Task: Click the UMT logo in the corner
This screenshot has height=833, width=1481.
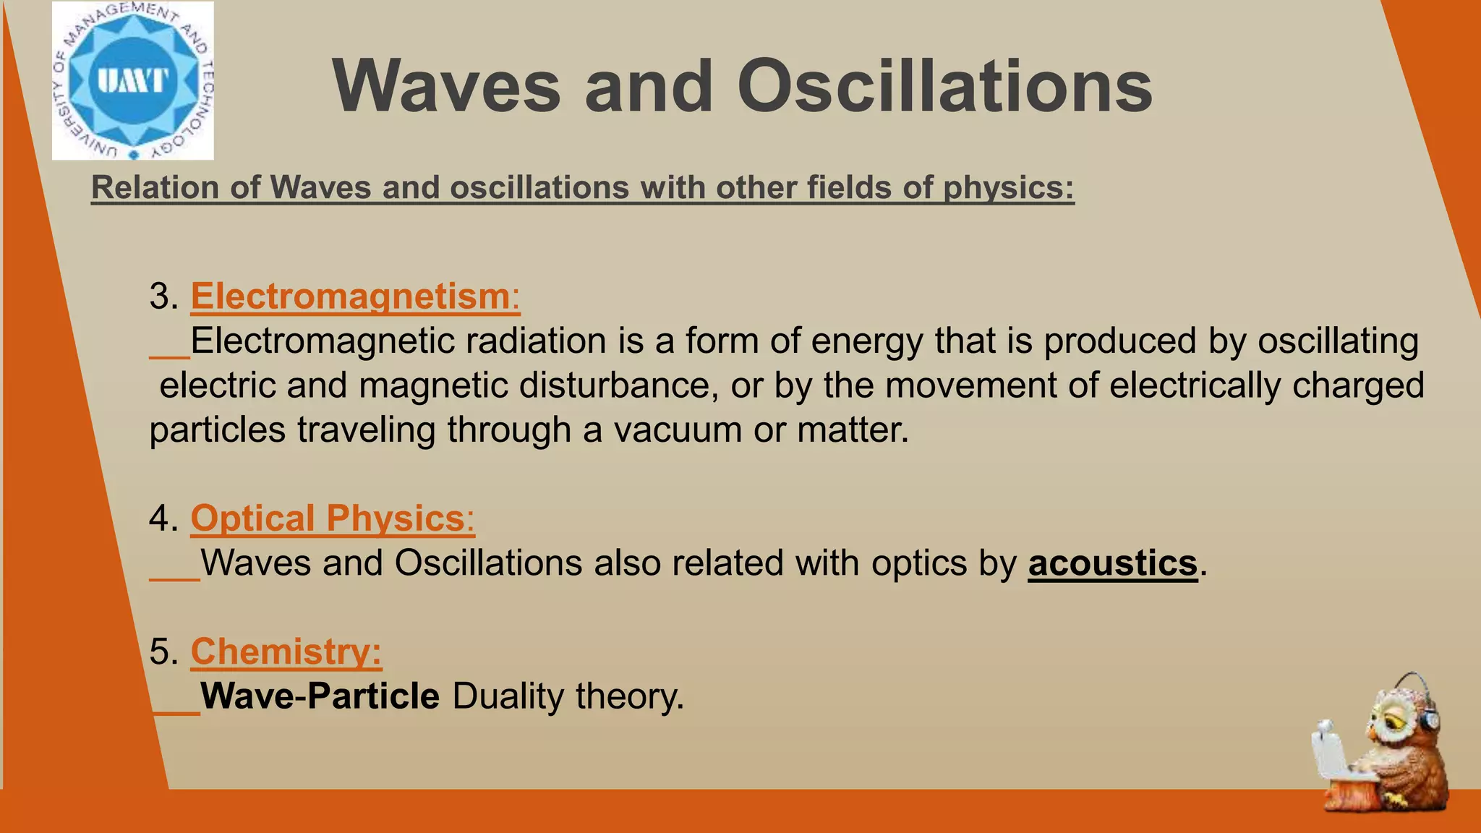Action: click(133, 80)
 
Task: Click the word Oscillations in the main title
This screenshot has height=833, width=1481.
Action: click(944, 87)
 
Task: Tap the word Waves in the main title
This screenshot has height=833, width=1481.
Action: click(446, 87)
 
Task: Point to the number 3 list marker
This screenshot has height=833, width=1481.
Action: click(163, 296)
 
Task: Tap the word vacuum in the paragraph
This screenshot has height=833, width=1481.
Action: click(678, 430)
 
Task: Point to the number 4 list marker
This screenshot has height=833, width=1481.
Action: click(163, 518)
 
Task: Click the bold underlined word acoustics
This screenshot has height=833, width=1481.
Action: click(1113, 563)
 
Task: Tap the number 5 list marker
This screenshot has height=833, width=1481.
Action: click(163, 652)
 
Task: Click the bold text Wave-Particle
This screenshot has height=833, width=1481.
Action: click(320, 696)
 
